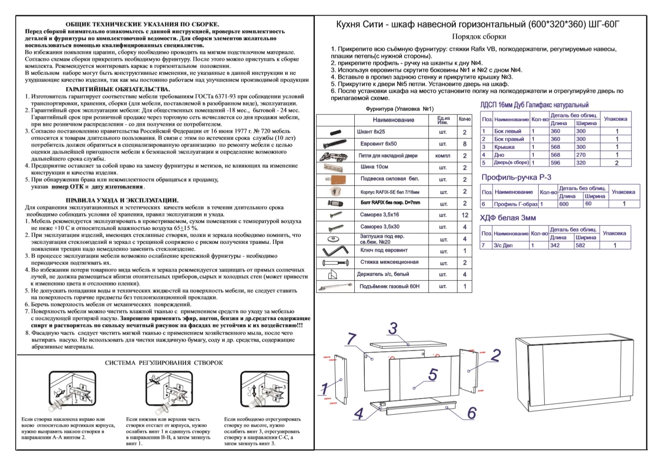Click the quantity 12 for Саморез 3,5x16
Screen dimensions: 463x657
465,215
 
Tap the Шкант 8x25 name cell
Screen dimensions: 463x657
371,132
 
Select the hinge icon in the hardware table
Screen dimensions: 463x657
333,156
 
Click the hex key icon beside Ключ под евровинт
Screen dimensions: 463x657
335,251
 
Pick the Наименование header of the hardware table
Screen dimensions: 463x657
393,120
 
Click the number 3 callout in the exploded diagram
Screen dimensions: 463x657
393,329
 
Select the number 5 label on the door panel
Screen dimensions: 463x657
432,375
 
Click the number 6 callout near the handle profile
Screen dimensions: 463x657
472,413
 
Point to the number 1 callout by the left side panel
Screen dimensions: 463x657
324,389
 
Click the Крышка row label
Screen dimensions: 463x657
504,147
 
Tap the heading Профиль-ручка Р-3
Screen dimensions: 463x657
516,177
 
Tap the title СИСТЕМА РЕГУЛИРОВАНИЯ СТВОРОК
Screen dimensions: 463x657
164,362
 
